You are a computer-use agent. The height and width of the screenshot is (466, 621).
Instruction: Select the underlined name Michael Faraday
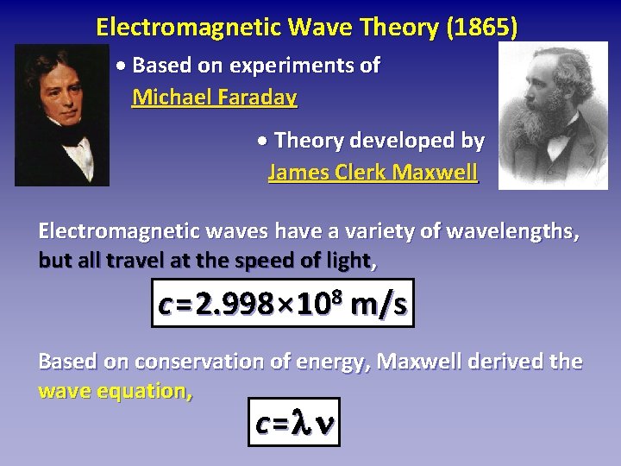[214, 97]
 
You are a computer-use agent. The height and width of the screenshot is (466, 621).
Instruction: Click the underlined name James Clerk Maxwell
[373, 172]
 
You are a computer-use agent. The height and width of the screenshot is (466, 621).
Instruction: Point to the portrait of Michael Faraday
[62, 114]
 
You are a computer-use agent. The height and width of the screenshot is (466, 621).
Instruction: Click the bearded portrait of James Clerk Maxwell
[553, 116]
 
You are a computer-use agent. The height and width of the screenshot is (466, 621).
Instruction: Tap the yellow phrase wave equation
[116, 391]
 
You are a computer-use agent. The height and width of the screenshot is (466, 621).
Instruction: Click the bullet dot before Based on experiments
[122, 66]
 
